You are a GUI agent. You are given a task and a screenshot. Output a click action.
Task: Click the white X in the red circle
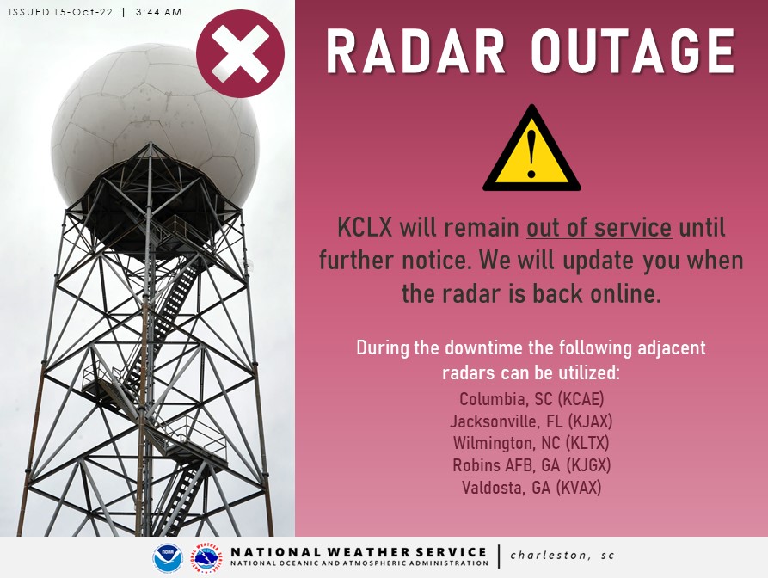240,53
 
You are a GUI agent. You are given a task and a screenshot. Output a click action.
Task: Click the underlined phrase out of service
599,230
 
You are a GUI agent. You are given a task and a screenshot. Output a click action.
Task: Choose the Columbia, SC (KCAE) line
531,400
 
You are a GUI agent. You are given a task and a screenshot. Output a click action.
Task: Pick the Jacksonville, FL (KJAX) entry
531,422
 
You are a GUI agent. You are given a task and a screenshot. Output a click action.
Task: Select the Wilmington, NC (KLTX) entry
531,444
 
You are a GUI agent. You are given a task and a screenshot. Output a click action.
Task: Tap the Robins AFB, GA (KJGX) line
531,466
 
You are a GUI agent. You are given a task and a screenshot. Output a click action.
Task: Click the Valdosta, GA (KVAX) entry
531,488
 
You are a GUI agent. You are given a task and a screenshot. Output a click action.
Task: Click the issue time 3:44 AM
159,12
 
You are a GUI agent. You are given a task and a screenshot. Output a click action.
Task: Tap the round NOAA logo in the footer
167,558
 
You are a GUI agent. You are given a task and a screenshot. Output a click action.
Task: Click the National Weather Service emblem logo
206,558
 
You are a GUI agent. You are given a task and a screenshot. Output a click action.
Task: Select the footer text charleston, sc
562,556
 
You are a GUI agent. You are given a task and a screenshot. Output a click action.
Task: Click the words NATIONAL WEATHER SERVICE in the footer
359,551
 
